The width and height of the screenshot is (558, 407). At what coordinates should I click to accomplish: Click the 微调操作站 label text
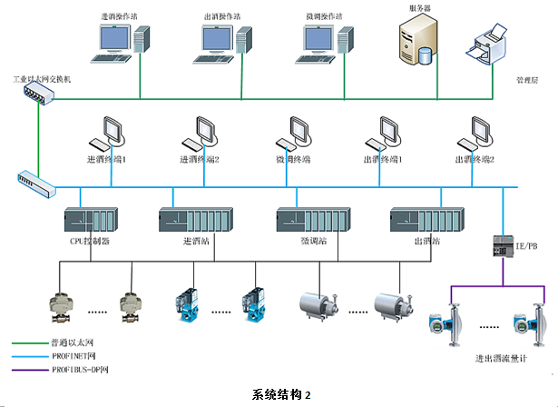point(325,15)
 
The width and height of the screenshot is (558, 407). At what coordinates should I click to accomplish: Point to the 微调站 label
point(313,242)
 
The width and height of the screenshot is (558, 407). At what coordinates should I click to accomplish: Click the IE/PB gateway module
point(503,245)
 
